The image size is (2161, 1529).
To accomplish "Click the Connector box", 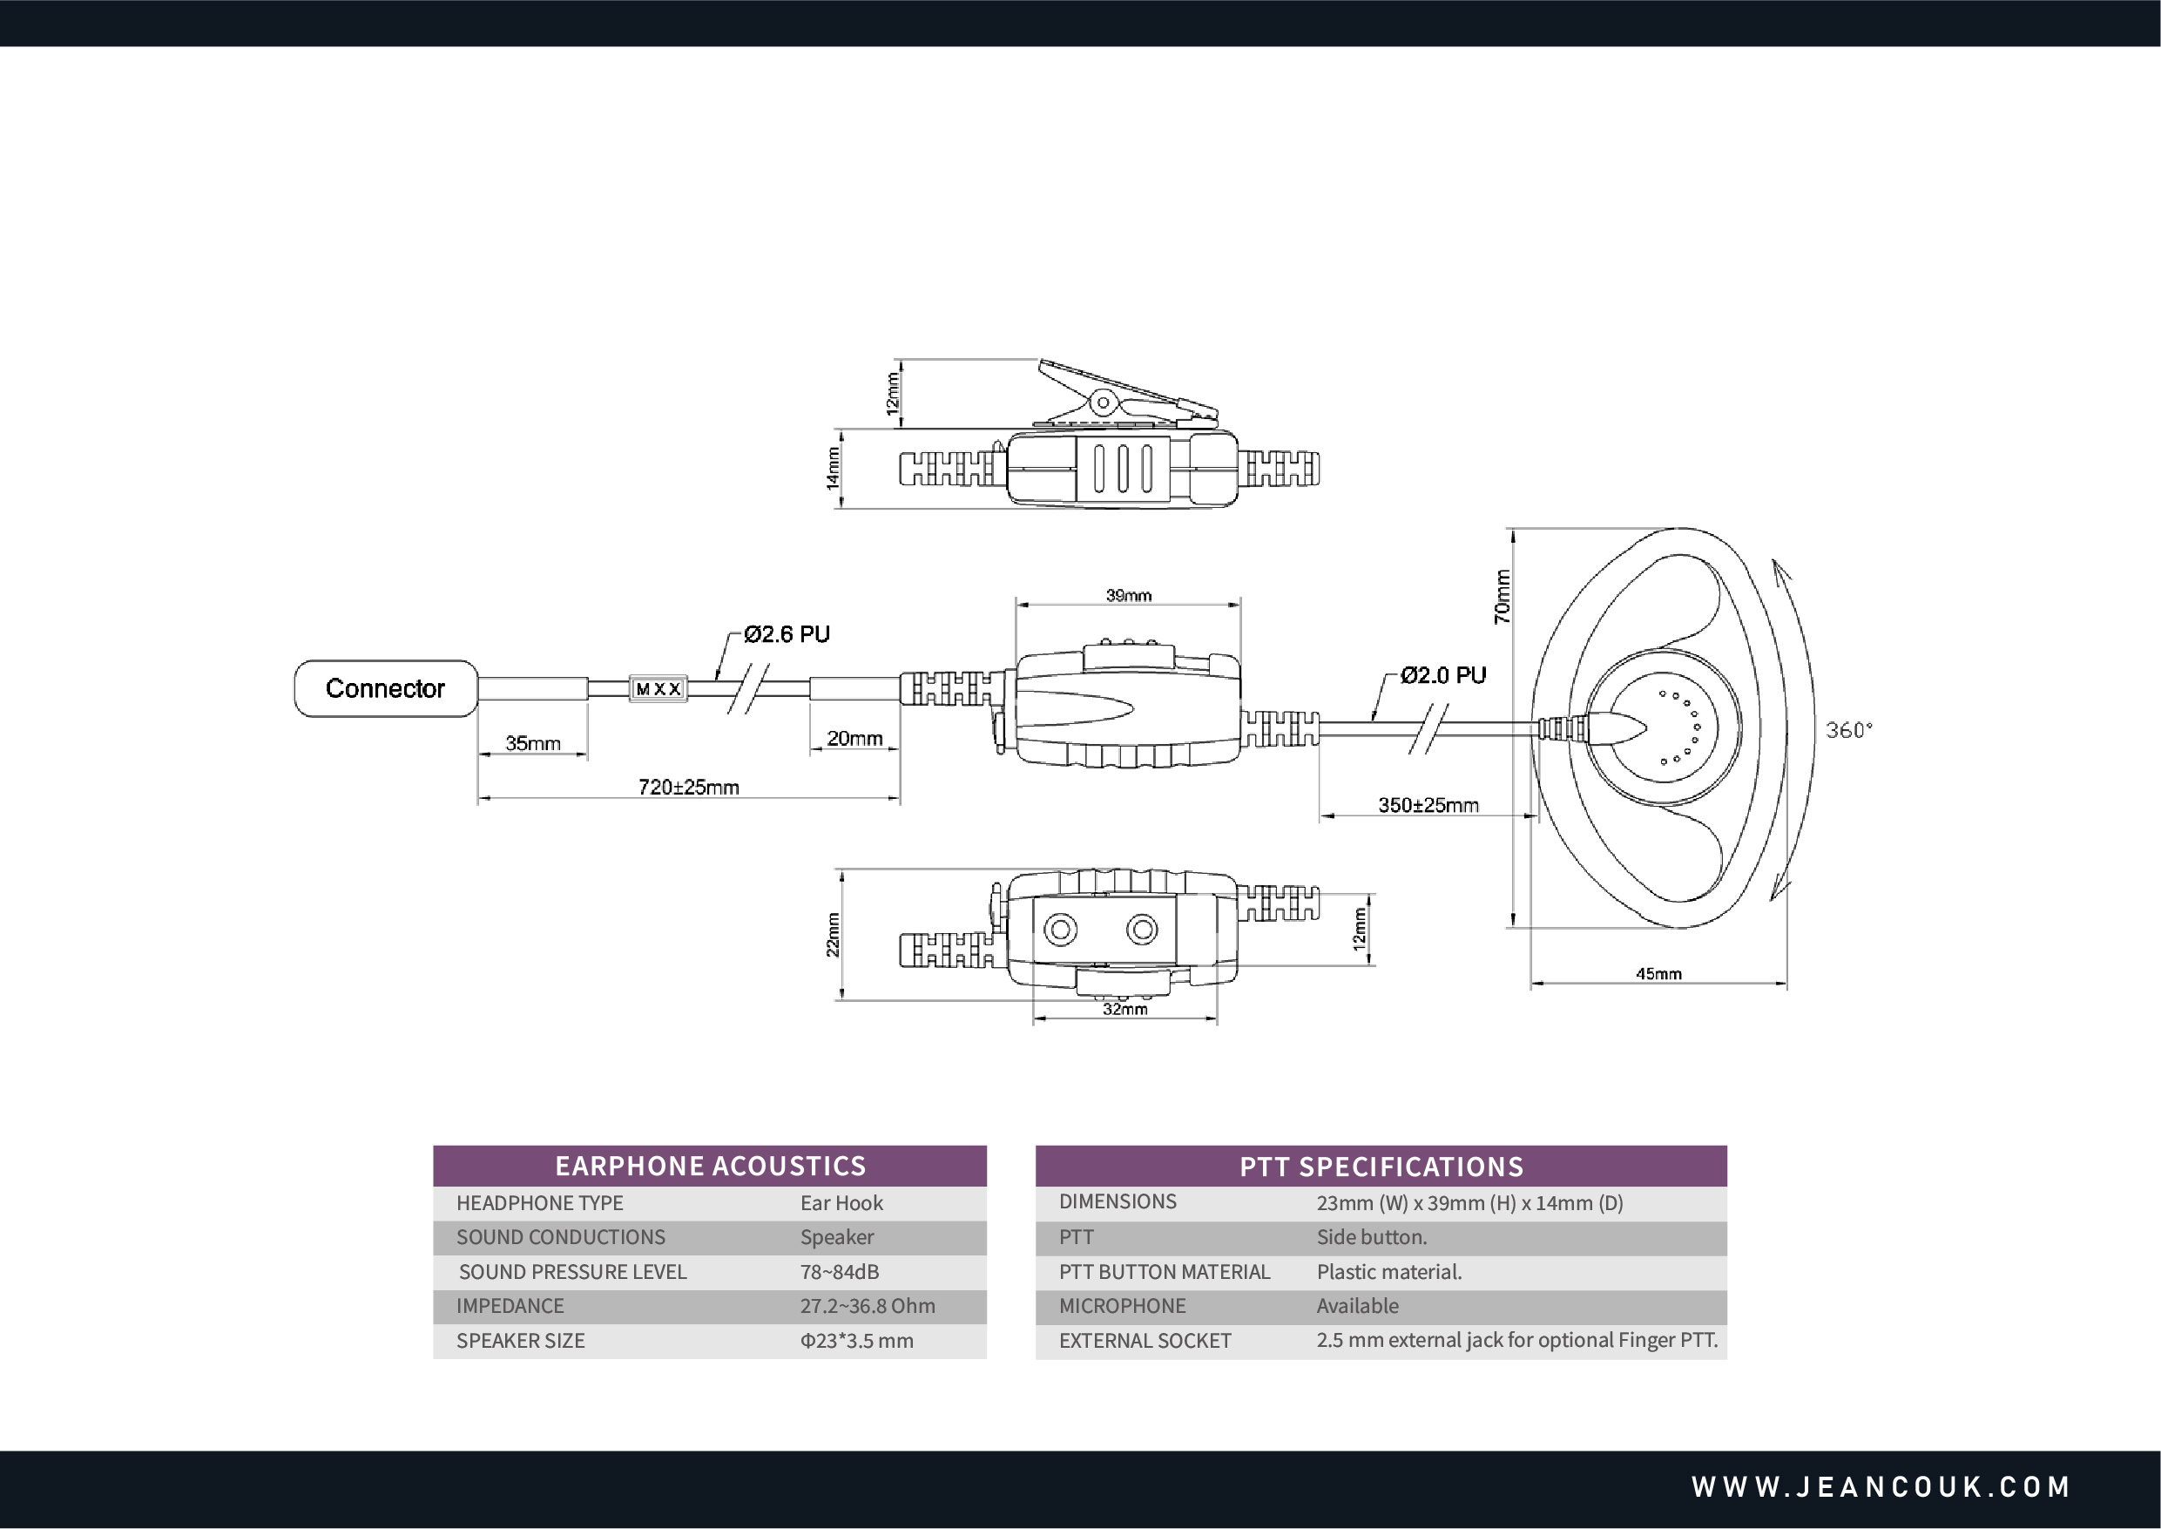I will coord(386,688).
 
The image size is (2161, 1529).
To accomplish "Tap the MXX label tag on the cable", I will coord(658,689).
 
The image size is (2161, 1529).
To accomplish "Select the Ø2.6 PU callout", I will coord(787,634).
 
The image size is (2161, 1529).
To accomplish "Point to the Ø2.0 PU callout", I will coord(1443,675).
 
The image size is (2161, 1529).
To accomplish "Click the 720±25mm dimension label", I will coord(688,787).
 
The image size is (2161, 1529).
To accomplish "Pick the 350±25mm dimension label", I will coord(1428,805).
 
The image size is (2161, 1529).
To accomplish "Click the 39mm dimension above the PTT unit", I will coord(1128,595).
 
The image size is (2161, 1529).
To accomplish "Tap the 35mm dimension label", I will coord(533,743).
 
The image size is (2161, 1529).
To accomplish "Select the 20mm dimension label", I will coord(854,738).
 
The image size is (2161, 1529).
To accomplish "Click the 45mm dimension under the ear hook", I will coord(1658,973).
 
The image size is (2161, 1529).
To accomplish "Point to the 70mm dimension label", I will coord(1503,597).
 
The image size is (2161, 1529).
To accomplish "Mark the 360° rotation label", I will coord(1848,730).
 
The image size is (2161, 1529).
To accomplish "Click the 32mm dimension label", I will coord(1124,1008).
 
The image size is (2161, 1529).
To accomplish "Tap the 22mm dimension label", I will coord(833,934).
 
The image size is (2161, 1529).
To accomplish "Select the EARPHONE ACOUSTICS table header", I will coord(710,1166).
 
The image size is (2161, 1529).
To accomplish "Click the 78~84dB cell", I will coord(840,1272).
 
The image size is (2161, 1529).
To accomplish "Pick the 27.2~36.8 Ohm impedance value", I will coord(867,1306).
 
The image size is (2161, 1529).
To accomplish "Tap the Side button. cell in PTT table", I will coord(1371,1237).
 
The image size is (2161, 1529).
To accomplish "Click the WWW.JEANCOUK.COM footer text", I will coord(1881,1486).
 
